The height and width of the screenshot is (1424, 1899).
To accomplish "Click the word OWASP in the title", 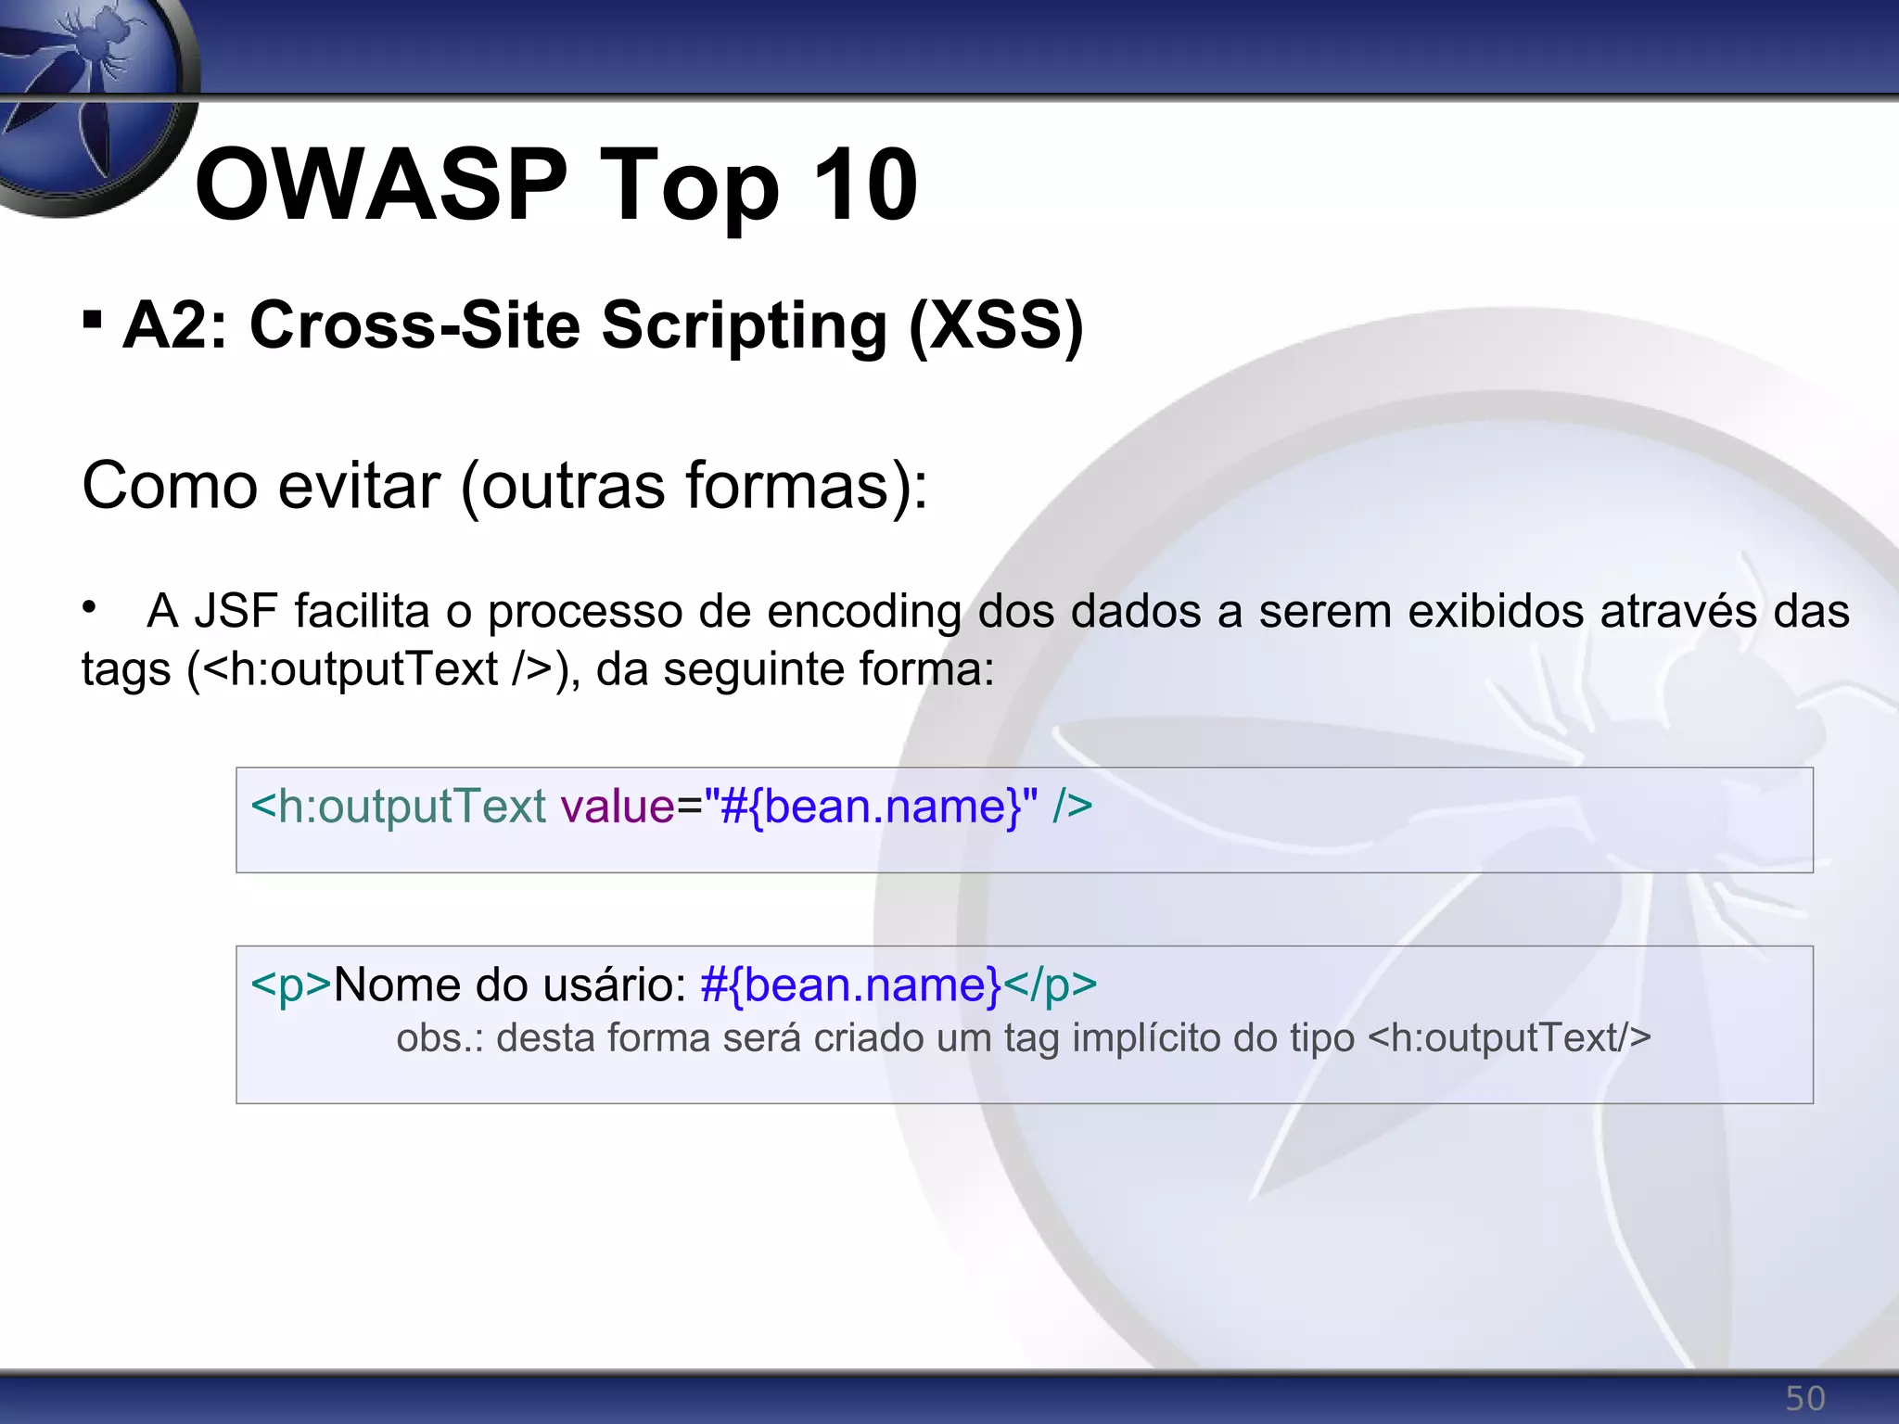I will (380, 185).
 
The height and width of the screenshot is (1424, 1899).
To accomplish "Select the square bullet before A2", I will (92, 321).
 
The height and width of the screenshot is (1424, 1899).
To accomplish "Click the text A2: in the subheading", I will (175, 325).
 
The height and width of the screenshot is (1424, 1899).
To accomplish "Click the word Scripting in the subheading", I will (744, 327).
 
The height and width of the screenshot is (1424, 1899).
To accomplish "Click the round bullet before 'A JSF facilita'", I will (89, 608).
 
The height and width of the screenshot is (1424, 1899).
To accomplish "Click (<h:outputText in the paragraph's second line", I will (343, 669).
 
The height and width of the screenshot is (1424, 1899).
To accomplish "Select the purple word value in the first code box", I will (618, 807).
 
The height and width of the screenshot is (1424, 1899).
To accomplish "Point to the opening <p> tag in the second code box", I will (290, 985).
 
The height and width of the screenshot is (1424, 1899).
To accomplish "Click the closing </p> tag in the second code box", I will (1051, 985).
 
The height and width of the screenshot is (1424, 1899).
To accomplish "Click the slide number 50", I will (1804, 1398).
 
